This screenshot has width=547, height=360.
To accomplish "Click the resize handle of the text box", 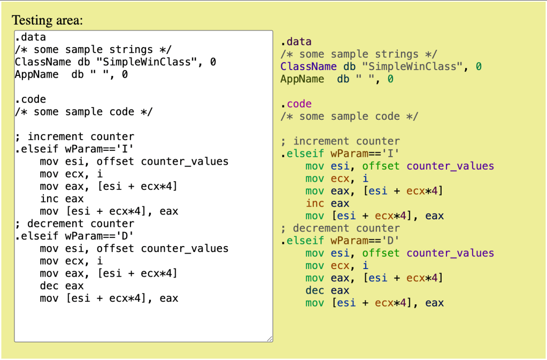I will [269, 338].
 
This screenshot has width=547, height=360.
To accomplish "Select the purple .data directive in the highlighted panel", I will [296, 42].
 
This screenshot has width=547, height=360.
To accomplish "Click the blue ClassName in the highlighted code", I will [309, 66].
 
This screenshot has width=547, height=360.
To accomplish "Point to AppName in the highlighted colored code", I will [302, 79].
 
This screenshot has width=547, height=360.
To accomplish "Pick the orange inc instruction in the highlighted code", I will [315, 203].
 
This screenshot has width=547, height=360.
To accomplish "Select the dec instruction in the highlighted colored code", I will [315, 290].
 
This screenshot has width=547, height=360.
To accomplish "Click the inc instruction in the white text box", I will [49, 199].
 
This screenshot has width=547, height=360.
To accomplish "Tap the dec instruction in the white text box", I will [49, 286].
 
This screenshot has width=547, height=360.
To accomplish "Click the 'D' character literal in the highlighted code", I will [393, 241].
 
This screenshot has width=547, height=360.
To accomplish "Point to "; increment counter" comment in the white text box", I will [74, 137].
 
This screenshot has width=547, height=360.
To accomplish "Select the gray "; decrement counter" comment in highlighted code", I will [340, 228].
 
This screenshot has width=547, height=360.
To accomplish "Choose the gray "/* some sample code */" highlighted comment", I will [349, 117].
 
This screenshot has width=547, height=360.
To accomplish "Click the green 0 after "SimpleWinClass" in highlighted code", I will [479, 66].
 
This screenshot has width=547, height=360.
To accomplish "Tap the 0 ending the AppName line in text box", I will [125, 75].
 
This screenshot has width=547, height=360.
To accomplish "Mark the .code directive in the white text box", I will [30, 99].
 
